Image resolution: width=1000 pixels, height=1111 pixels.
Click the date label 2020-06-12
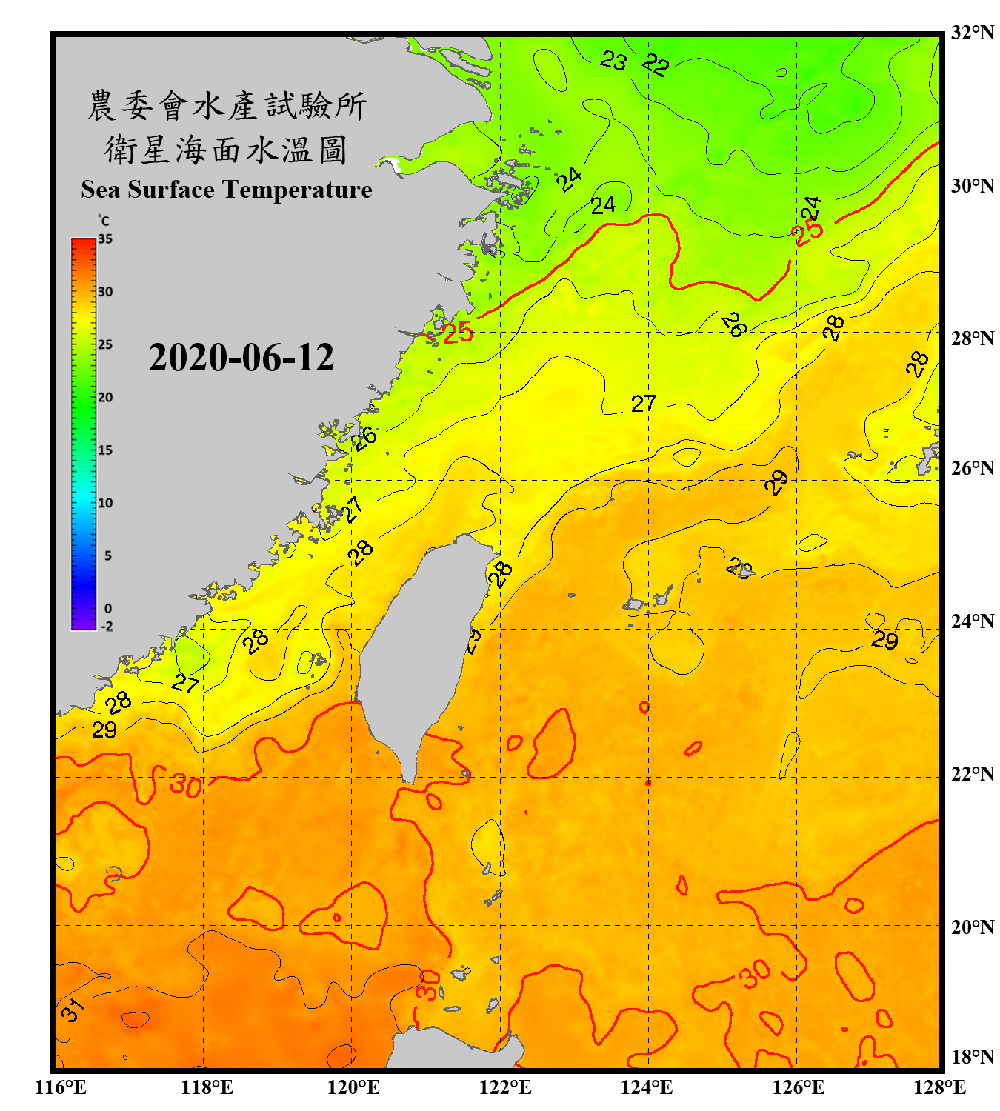coord(241,358)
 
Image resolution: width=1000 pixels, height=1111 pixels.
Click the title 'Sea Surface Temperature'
coord(227,190)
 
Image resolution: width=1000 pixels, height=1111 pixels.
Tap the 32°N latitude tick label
coord(972,33)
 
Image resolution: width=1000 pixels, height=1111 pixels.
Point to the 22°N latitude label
coord(972,774)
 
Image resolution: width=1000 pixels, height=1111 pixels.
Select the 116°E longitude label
coord(60,1087)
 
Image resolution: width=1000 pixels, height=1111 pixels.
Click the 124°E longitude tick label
coord(647,1087)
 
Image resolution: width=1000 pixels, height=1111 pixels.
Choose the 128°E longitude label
coord(939,1087)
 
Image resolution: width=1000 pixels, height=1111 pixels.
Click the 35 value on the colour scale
coord(105,239)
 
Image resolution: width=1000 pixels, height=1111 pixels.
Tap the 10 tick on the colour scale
coord(105,503)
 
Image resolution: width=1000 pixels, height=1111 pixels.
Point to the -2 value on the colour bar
coord(107,626)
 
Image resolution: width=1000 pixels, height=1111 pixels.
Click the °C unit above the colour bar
coord(104,221)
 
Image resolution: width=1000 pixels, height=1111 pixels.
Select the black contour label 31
coord(71,1009)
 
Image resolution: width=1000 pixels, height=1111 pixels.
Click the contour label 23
coord(613,60)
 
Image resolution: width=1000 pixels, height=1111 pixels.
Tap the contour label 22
coord(656,64)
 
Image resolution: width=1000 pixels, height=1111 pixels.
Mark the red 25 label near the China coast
coord(458,333)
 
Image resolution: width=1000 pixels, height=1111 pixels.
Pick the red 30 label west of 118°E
coord(185,785)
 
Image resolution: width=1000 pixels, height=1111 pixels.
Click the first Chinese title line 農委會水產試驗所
coord(227,106)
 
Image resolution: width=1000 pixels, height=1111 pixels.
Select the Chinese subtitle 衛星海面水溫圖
coord(226,150)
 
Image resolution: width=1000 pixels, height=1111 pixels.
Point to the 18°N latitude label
coord(972,1057)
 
